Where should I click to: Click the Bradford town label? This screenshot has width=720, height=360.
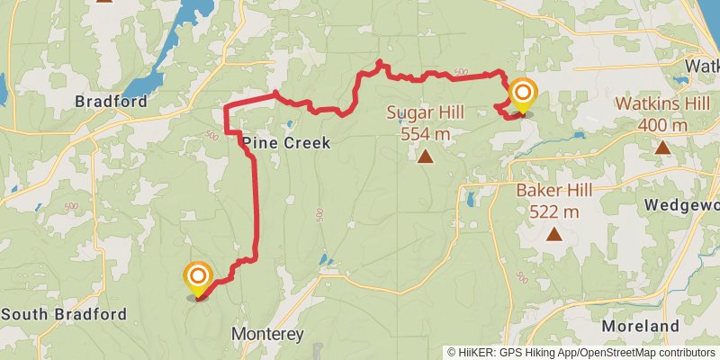111,102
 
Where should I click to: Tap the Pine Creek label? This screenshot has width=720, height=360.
285,143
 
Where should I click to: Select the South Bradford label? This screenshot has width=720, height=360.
64,314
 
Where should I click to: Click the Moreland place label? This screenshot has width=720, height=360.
640,326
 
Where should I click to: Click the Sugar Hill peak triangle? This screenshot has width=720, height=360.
425,157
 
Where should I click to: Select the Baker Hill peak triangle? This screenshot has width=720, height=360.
553,236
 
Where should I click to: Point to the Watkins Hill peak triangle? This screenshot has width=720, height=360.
662,148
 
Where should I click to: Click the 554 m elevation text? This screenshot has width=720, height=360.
425,134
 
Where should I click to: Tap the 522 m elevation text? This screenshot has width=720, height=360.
553,212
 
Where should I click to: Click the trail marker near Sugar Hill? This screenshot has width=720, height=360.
523,94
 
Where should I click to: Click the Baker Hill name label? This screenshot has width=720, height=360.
553,191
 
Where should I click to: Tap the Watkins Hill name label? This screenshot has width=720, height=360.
662,103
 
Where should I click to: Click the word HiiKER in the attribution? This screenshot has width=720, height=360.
476,353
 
